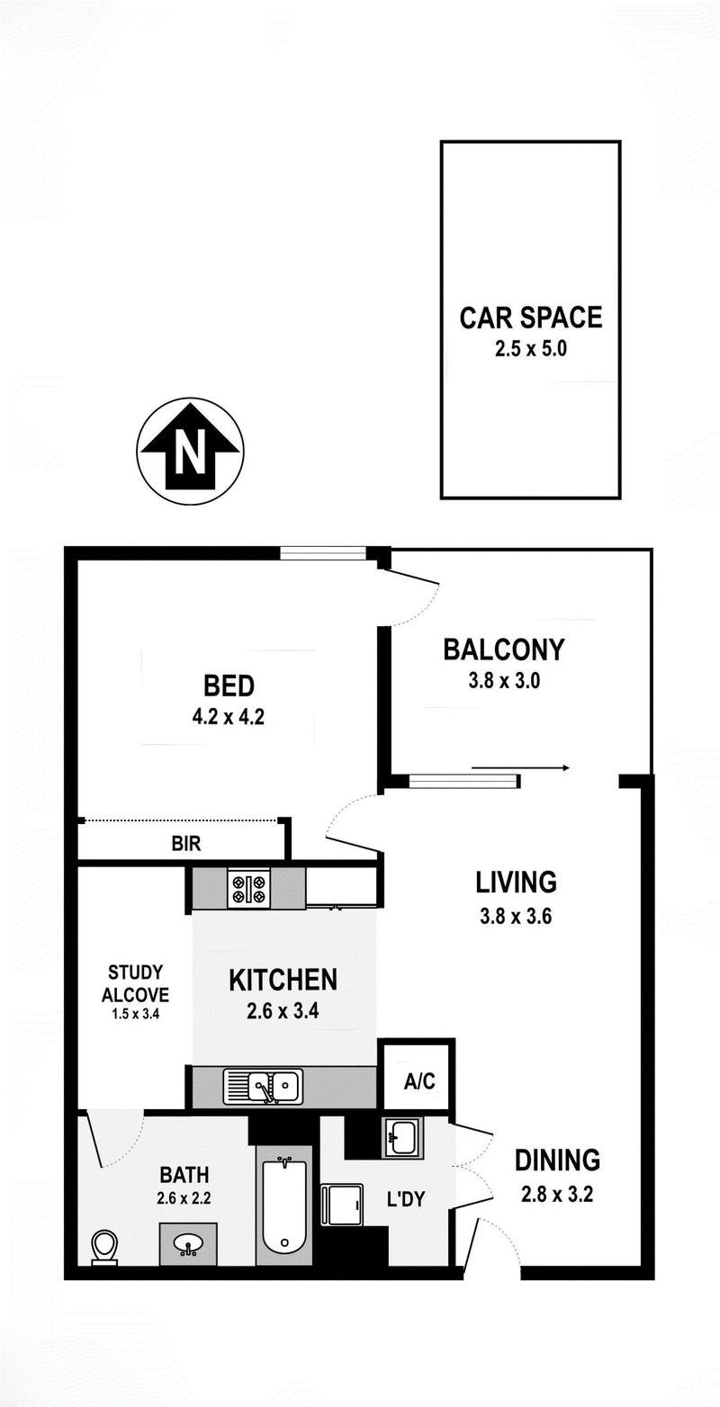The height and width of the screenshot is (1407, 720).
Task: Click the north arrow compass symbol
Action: pos(191,451)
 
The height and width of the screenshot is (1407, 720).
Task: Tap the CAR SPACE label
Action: pos(531,318)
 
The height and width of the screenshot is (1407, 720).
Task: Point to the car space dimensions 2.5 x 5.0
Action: pos(531,348)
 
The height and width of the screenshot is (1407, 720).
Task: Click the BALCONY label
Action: pos(504,650)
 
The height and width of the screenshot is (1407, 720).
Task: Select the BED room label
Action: pos(229,686)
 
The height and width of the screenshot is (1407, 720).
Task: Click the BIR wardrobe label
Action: pos(186,843)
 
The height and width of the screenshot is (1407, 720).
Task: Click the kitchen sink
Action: pos(263,1087)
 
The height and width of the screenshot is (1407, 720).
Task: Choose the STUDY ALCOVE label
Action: pos(135,983)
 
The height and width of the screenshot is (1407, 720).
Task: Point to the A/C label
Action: pos(419,1081)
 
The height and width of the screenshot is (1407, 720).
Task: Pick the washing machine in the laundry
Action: pos(342,1205)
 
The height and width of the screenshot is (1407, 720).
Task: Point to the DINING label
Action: pos(557,1161)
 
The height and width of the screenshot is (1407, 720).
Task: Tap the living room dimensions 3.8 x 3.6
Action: pos(516,916)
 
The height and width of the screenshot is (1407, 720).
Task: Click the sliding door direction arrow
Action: pos(521,767)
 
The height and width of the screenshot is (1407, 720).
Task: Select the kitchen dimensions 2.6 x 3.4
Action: pos(283,1011)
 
